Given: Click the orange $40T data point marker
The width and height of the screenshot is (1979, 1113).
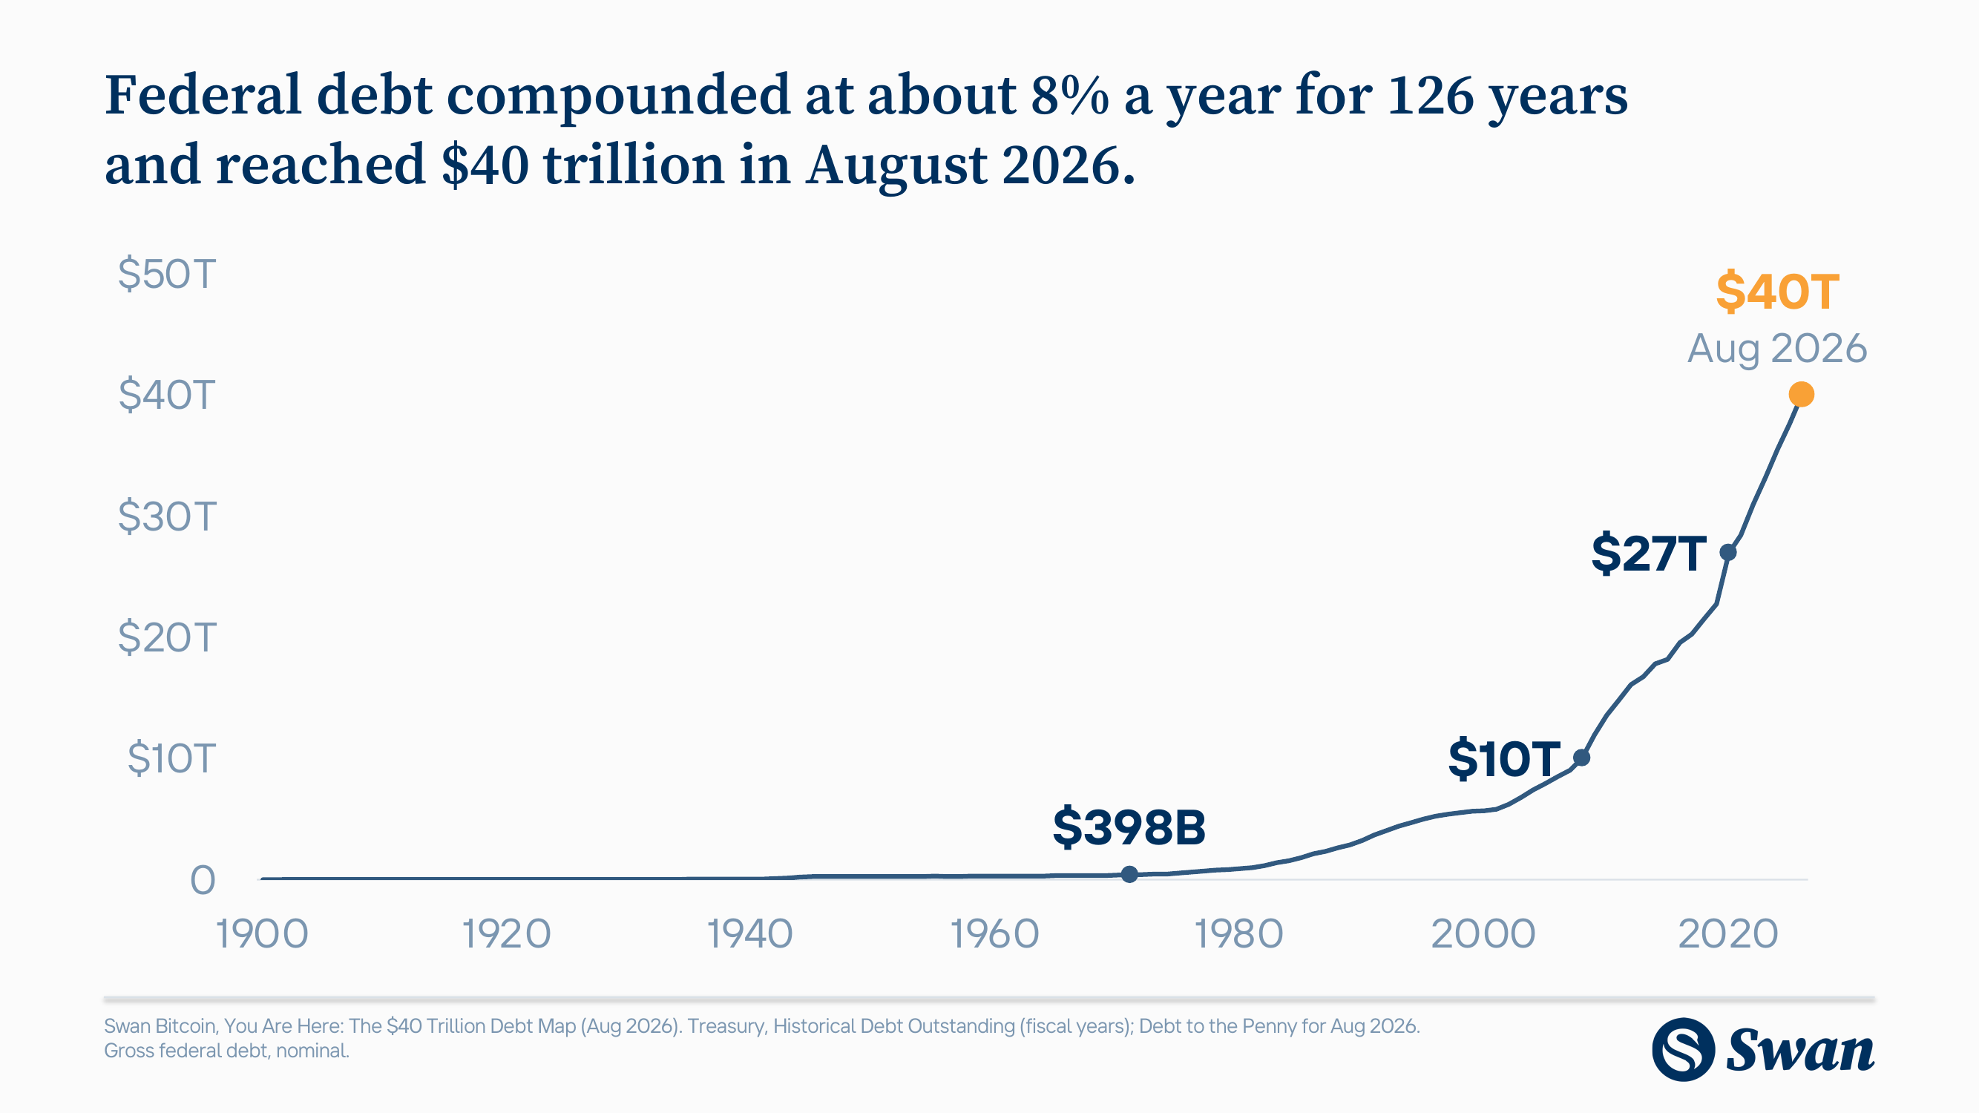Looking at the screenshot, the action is (x=1801, y=394).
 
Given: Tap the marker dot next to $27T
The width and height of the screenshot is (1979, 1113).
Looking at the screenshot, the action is (x=1727, y=551).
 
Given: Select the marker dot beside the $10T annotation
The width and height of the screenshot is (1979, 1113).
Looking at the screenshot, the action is (x=1581, y=758).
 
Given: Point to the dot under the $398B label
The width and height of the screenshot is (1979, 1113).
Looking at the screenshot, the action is (x=1129, y=874).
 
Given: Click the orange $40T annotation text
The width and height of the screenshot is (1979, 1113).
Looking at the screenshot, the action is (x=1777, y=292).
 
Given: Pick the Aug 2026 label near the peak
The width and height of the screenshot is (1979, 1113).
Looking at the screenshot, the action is (x=1776, y=349).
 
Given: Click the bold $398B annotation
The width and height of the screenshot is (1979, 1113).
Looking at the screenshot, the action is (x=1129, y=827).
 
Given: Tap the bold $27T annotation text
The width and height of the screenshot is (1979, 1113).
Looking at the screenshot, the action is (x=1649, y=553).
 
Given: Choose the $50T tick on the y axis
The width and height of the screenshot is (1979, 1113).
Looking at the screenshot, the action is (x=167, y=275).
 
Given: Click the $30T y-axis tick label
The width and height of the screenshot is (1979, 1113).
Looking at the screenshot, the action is (x=167, y=516).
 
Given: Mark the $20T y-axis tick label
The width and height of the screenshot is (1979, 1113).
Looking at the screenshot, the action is (x=167, y=637).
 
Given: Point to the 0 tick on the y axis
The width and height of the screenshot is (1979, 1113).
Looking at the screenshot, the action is (x=203, y=880).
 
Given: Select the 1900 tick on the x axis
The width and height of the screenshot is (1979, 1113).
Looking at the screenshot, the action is (x=262, y=934).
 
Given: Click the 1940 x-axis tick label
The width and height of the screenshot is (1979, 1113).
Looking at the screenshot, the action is (x=749, y=934).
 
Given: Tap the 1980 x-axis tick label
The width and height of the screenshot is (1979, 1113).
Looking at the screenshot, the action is (x=1238, y=934).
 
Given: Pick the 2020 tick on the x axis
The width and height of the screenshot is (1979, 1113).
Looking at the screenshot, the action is (x=1727, y=934).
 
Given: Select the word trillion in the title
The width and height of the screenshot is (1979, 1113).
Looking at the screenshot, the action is (x=634, y=165).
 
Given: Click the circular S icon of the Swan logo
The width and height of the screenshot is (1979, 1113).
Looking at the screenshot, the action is (x=1683, y=1049).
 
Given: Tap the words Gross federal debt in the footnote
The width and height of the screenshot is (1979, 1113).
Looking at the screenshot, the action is (x=186, y=1051).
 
